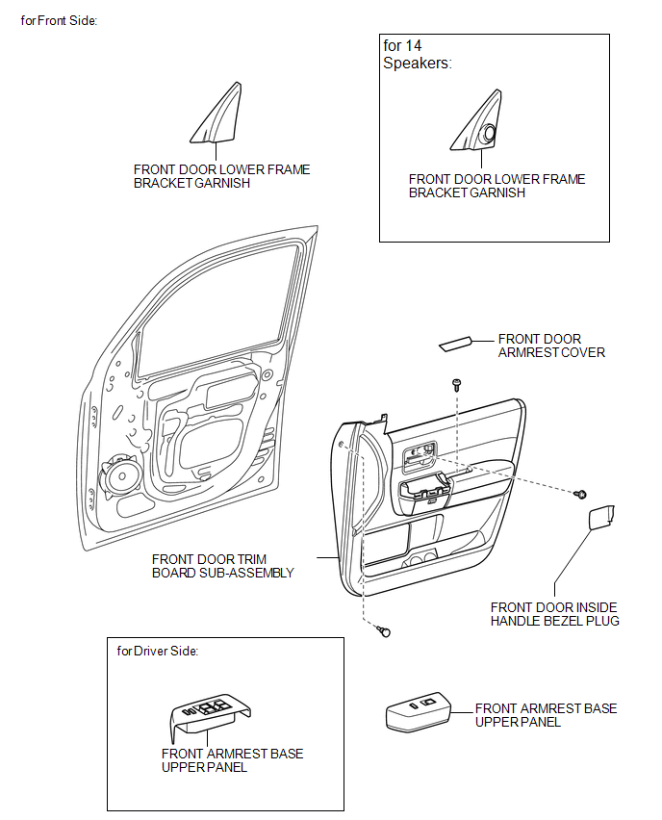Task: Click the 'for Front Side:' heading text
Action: click(x=59, y=20)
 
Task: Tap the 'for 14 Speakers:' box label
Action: click(x=418, y=55)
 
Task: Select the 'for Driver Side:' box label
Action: click(x=158, y=651)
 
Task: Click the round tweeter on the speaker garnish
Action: click(x=490, y=133)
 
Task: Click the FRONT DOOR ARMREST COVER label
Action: click(x=551, y=346)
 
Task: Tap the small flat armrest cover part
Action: click(x=455, y=344)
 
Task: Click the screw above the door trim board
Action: click(x=457, y=385)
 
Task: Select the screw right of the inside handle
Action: click(x=580, y=494)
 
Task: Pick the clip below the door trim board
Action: click(x=384, y=631)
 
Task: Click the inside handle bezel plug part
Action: click(x=601, y=517)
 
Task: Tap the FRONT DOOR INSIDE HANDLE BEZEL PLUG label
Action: click(x=555, y=614)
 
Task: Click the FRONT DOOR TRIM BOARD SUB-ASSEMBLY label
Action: click(x=223, y=566)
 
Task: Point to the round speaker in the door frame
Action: click(x=120, y=476)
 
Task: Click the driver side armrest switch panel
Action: click(x=210, y=712)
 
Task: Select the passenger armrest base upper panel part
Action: click(x=418, y=711)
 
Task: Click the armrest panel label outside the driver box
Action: click(x=546, y=715)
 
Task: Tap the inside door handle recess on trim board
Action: click(x=419, y=453)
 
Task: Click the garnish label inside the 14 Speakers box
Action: click(x=496, y=186)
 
